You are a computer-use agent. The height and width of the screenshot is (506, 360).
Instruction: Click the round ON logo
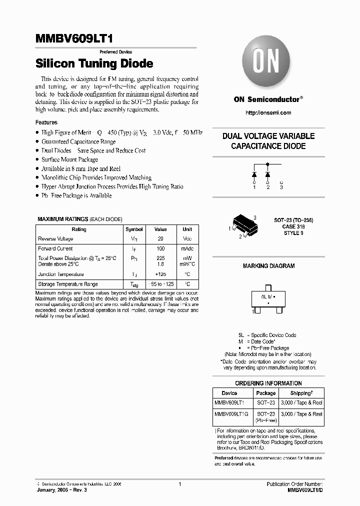coord(267,64)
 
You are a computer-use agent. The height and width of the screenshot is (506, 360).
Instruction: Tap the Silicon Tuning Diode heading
coord(94,64)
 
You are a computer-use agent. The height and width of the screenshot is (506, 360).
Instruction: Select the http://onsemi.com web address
coord(268,113)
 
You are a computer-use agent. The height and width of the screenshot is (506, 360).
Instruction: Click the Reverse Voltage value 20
coord(160,239)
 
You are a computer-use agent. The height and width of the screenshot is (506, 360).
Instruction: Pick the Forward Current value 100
coord(160,248)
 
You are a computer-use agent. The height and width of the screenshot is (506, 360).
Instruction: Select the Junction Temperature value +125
coord(160,274)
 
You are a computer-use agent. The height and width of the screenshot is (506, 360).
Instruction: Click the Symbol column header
coord(134,229)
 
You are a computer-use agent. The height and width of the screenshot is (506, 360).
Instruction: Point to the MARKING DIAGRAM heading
coord(268,266)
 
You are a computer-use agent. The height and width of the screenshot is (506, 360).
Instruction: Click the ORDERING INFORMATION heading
coord(268,383)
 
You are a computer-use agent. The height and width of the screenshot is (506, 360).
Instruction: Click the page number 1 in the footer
coord(179,484)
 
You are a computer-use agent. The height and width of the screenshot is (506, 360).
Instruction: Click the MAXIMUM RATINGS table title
coord(62,219)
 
